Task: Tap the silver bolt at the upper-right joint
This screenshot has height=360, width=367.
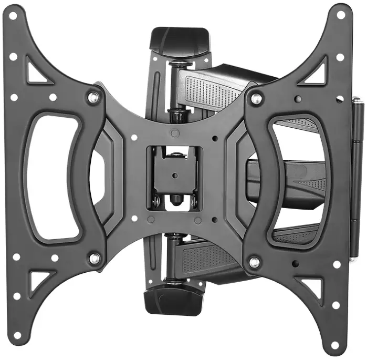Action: click(x=256, y=98)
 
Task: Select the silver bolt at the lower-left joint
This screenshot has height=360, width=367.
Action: click(x=95, y=258)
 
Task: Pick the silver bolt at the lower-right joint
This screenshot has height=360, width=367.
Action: click(x=255, y=261)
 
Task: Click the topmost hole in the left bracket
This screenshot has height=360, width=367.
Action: click(x=12, y=16)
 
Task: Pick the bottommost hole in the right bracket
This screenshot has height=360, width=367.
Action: click(x=335, y=345)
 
